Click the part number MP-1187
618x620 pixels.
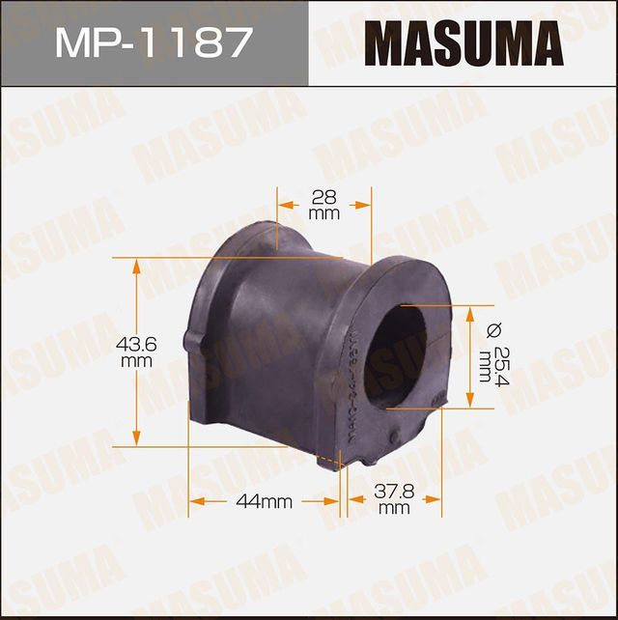click(x=154, y=43)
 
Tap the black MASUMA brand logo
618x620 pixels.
click(x=463, y=44)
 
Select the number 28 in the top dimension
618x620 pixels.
click(x=324, y=197)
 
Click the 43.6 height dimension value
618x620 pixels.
click(x=137, y=343)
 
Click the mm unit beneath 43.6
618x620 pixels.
click(x=137, y=360)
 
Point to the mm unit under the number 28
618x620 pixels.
click(x=324, y=213)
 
